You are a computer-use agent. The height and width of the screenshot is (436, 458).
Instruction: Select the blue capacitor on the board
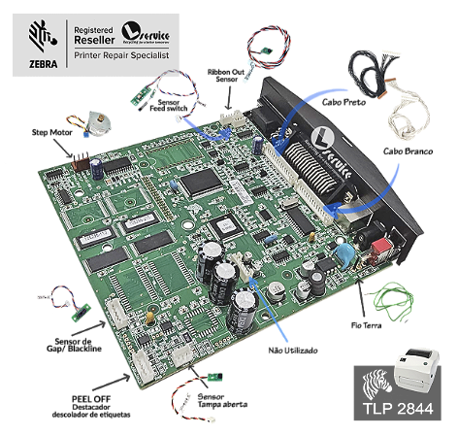coord(344,255)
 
